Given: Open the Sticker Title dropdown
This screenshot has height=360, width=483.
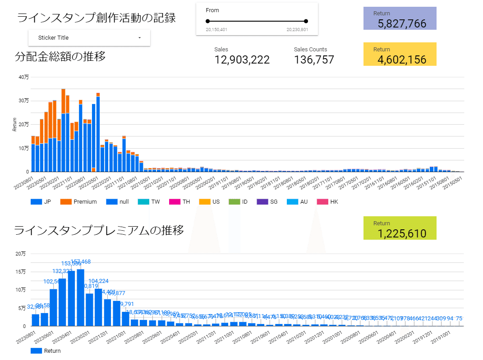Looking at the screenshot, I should point(89,38).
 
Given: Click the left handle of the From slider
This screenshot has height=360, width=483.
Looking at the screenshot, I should point(207,21).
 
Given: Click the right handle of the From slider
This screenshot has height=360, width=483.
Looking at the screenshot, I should point(306,21).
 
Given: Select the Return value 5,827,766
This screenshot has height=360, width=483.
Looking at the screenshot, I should point(402,24).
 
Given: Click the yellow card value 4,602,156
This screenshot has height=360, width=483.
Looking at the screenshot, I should point(402,59).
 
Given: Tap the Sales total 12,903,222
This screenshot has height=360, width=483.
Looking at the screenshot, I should point(242,59).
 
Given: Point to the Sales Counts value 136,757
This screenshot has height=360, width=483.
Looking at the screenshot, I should point(314,59).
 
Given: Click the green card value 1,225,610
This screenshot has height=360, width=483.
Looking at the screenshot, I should point(402,233).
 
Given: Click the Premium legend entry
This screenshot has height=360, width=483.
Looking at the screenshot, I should point(85,202).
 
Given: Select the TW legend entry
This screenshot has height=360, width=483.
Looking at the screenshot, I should point(155,202).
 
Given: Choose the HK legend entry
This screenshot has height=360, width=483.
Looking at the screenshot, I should point(334,202).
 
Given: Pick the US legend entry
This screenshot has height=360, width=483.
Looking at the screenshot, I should point(216,202).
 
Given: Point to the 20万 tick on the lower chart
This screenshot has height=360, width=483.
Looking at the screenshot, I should point(21,254).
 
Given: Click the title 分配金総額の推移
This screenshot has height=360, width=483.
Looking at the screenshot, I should point(60,57).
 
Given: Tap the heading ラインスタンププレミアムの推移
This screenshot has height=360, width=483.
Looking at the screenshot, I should point(99,231).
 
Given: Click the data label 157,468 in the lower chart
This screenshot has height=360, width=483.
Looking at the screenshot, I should point(81,262).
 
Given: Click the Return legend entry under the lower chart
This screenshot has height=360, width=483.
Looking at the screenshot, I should point(52,351).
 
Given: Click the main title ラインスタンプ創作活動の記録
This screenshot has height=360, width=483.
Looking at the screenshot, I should point(96,18).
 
